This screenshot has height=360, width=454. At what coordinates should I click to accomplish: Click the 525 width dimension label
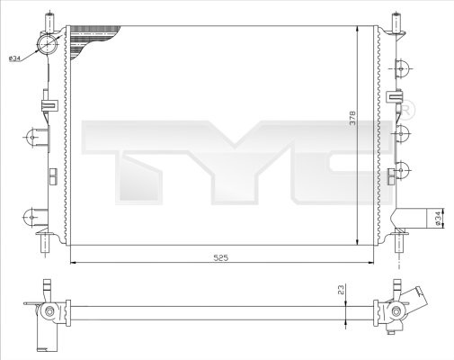click(x=221, y=257)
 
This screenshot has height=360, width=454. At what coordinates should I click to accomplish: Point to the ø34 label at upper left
click(x=15, y=58)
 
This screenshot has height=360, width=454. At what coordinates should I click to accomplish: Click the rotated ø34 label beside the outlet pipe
click(x=439, y=218)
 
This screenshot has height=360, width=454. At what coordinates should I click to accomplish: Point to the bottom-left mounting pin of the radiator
click(x=41, y=245)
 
